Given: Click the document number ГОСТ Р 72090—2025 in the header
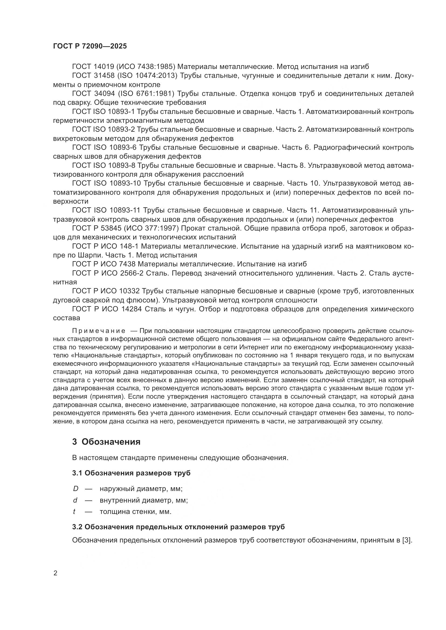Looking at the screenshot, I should pos(90,46).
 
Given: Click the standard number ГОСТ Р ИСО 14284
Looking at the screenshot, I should pos(107,309).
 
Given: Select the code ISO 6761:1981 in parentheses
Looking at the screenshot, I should pos(146,93).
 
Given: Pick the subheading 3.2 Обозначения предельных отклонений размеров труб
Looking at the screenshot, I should pos(178,527).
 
